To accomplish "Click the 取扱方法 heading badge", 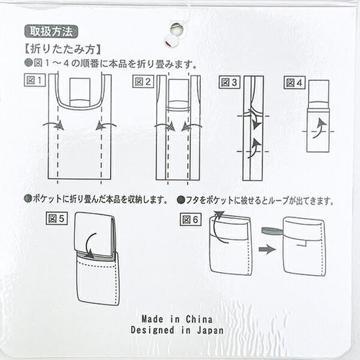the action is (x=51, y=32).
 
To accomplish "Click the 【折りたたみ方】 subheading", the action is (x=63, y=50).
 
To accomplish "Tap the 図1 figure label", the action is (x=35, y=81).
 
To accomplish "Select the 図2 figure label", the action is (x=143, y=82).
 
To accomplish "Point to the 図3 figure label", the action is (x=229, y=82).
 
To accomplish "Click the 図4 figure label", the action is (x=294, y=83).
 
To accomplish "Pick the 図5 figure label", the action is (x=56, y=218).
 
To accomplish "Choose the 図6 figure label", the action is (x=190, y=220).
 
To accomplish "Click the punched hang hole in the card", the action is (x=176, y=30).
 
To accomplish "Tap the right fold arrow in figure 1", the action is (x=106, y=125).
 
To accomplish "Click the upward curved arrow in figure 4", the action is (x=320, y=128).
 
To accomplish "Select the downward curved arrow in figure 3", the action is (x=255, y=120).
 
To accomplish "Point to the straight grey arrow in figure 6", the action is (x=267, y=249).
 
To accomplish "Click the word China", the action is (x=199, y=319).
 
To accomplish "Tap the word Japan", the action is (x=210, y=330).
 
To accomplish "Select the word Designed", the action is (x=153, y=330).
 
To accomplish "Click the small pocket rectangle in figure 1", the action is (x=80, y=91).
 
